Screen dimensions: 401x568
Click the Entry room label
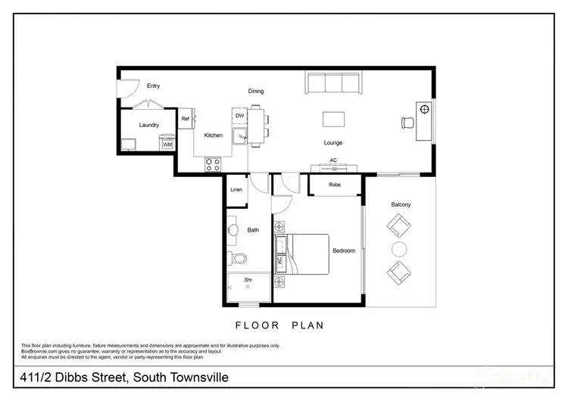pos(153,85)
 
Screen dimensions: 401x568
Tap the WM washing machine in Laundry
pos(167,144)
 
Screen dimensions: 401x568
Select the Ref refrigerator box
pos(186,119)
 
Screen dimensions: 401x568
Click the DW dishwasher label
pos(239,116)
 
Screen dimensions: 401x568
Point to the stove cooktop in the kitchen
pos(213,162)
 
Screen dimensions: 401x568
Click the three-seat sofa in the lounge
pos(332,82)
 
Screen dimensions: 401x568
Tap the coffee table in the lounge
pos(334,119)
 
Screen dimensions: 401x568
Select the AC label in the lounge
pos(333,160)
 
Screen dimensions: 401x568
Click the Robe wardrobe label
pos(334,185)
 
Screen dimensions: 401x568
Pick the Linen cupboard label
pos(236,189)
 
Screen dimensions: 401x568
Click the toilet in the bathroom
pos(239,259)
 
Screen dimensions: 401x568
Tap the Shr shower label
pos(248,280)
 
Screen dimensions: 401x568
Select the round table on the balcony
pos(399,249)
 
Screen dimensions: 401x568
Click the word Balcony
pos(401,205)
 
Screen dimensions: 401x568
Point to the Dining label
pos(256,92)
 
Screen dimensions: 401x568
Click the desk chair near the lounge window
pos(407,123)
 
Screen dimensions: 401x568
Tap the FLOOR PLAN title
pos(279,325)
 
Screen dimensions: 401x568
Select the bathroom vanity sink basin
pos(233,229)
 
